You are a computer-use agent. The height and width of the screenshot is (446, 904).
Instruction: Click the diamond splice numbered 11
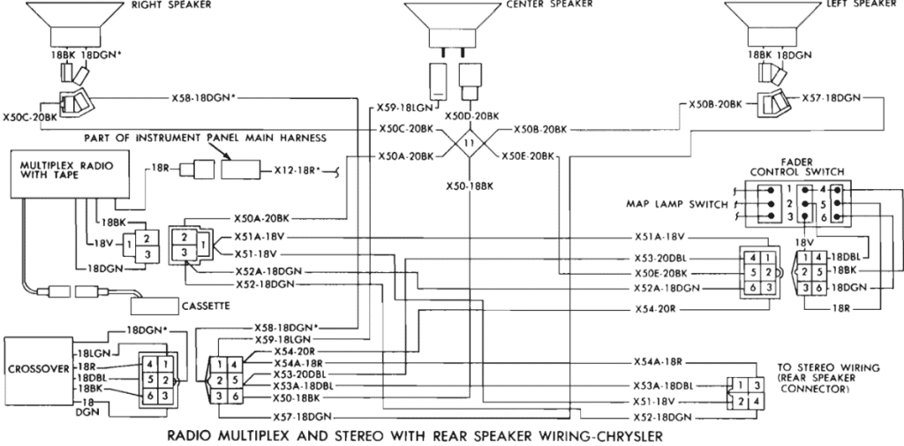[x=469, y=141]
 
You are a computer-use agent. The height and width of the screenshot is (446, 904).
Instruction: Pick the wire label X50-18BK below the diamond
[x=468, y=188]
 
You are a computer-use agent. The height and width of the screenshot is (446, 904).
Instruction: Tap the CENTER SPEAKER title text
[x=550, y=4]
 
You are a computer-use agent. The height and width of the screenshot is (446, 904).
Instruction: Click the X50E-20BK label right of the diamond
[x=527, y=156]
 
